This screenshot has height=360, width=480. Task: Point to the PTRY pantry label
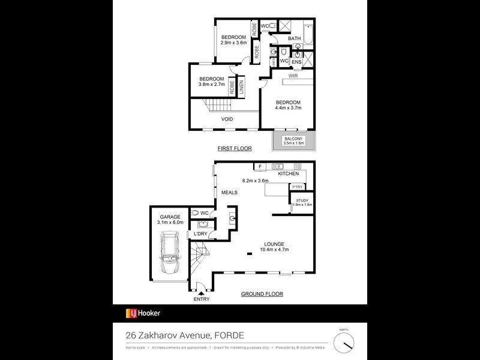coord(298,187)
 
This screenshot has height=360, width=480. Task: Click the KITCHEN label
coord(288,173)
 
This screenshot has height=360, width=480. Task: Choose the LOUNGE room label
coord(274,244)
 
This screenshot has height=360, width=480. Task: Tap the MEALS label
coord(229,193)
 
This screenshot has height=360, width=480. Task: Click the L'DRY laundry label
coord(200,233)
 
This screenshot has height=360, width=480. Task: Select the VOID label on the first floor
coord(227,119)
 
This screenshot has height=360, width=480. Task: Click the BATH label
coord(294,39)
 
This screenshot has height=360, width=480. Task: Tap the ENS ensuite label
coord(296,61)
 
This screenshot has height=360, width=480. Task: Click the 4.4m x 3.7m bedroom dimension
coord(287,108)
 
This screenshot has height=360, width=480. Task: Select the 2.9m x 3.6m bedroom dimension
coord(233,43)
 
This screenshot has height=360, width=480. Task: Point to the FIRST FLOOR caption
coord(235,148)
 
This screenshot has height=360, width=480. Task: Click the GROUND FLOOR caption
coord(262,294)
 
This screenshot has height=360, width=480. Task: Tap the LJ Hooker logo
coord(143,313)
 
